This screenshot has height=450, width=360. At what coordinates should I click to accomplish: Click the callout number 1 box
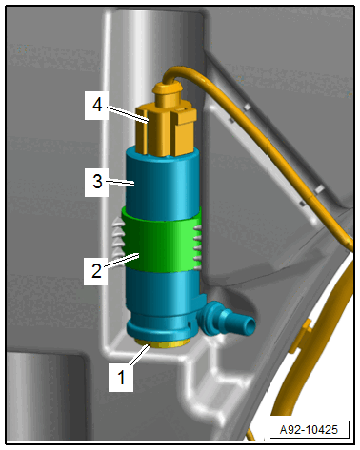click(x=121, y=378)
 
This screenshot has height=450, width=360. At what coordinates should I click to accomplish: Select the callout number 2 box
click(x=96, y=270)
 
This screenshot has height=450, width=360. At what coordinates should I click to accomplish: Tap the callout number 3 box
click(x=97, y=182)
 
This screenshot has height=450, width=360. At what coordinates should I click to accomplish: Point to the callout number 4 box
click(x=97, y=106)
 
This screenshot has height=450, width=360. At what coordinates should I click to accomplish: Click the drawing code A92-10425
click(x=309, y=430)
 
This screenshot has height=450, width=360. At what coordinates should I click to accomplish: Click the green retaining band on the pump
click(x=161, y=240)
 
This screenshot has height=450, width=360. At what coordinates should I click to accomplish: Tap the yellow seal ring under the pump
click(x=162, y=343)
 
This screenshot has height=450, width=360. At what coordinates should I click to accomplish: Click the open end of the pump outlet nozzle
click(x=250, y=324)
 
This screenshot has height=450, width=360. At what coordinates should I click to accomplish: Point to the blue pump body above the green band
click(x=163, y=183)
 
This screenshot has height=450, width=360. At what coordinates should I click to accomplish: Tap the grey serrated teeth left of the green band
click(x=119, y=237)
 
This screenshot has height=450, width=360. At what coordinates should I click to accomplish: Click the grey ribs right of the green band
click(x=197, y=248)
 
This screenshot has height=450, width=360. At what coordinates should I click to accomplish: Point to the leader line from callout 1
click(x=140, y=355)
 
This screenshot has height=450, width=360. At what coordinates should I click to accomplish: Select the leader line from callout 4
click(x=127, y=114)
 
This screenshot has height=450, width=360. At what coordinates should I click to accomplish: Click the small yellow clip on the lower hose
click(x=299, y=337)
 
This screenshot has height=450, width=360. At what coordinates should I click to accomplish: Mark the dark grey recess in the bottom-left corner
click(x=45, y=396)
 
